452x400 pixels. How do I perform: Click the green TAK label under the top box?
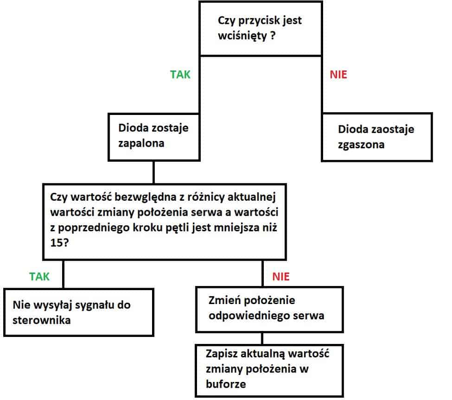180,75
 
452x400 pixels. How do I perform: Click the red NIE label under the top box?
338,75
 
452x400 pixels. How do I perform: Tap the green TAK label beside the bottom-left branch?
39,277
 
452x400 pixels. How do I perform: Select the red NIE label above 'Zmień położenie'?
281,277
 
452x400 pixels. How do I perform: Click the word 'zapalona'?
141,144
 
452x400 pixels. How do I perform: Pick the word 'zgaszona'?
361,145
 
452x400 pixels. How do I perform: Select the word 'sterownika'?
42,320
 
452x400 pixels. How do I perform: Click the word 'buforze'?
226,384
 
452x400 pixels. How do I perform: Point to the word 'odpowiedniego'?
249,316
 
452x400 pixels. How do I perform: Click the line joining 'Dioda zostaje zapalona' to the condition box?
153,172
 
